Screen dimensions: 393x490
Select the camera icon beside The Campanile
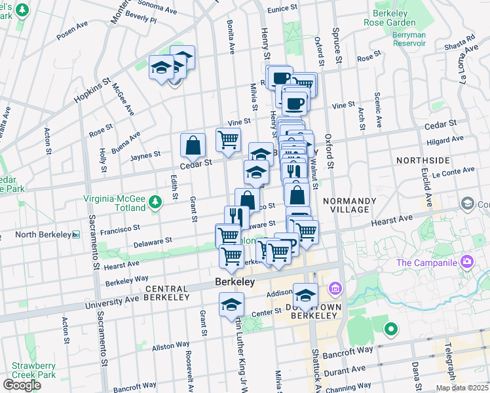tap(467, 263)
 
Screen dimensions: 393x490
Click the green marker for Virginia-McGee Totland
tap(155, 200)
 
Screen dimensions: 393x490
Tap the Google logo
tap(22, 385)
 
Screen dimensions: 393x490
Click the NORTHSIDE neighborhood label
tap(423, 160)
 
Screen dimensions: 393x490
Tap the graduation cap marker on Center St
tap(232, 305)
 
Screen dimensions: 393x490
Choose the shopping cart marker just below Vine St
tap(228, 140)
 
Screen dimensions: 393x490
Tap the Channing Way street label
tap(347, 388)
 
